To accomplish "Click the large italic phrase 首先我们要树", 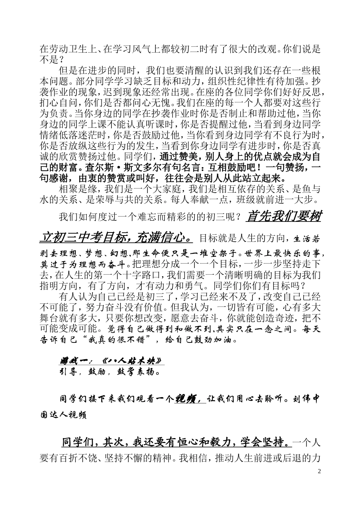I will (x=283, y=217).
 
